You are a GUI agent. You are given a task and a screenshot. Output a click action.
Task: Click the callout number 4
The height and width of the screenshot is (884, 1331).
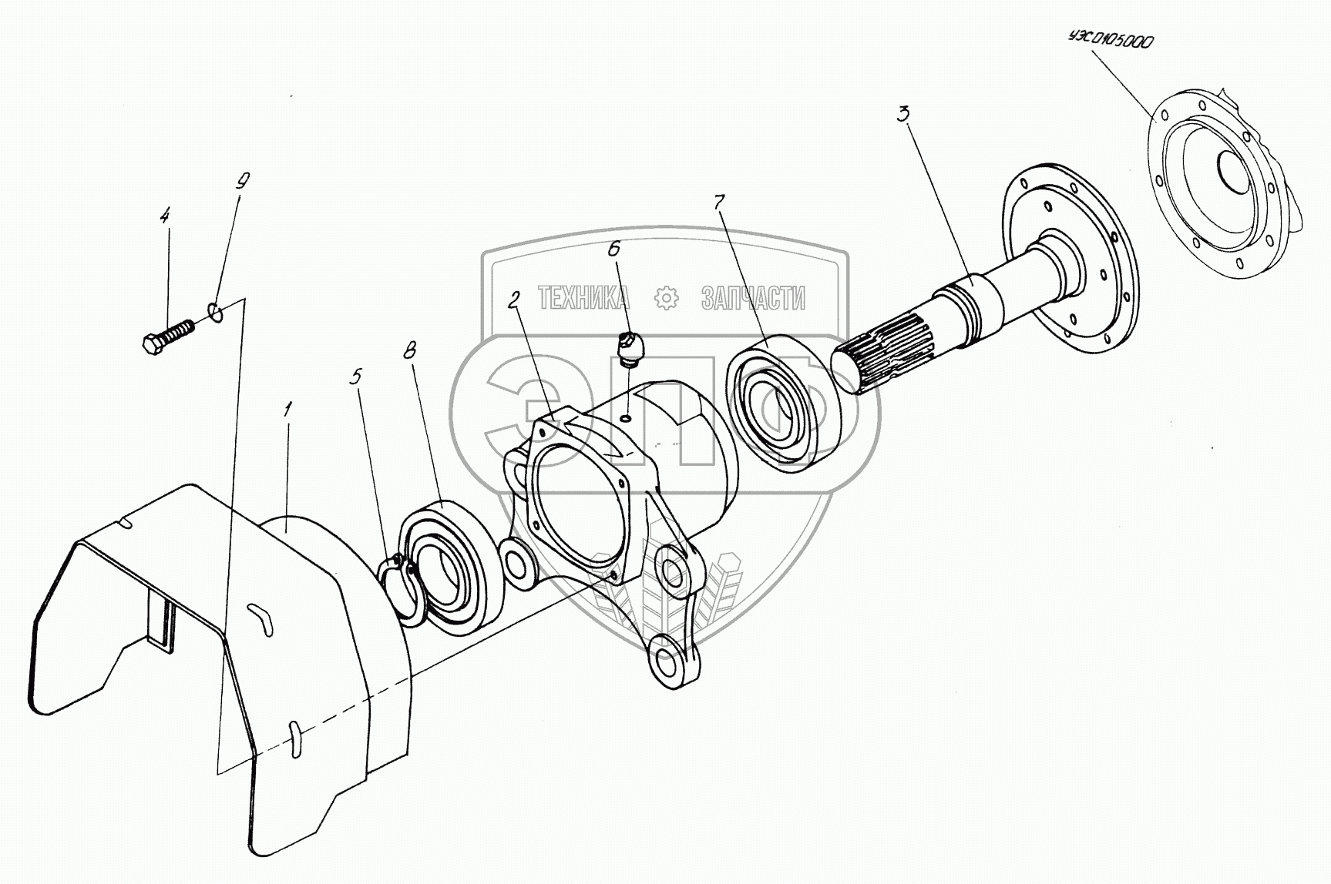(x=164, y=216)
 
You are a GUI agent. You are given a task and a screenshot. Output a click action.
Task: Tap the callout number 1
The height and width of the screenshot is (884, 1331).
(x=287, y=410)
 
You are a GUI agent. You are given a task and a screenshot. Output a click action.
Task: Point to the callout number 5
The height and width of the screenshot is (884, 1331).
(x=356, y=377)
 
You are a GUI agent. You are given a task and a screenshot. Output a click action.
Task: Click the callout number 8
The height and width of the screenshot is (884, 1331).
(x=409, y=351)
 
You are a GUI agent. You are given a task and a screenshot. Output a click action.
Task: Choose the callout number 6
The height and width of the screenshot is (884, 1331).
(x=613, y=248)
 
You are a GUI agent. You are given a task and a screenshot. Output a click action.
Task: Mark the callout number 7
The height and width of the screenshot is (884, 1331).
(x=718, y=203)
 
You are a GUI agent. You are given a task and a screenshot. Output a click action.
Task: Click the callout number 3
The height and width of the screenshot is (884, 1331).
(x=903, y=115)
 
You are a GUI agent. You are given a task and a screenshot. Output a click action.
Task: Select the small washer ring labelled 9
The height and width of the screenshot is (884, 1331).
(x=216, y=312)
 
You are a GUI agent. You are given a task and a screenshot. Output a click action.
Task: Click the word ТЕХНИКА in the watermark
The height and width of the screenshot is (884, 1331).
(x=583, y=297)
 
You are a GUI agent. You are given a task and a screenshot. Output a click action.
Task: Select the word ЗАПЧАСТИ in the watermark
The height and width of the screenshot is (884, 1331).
(x=753, y=297)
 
